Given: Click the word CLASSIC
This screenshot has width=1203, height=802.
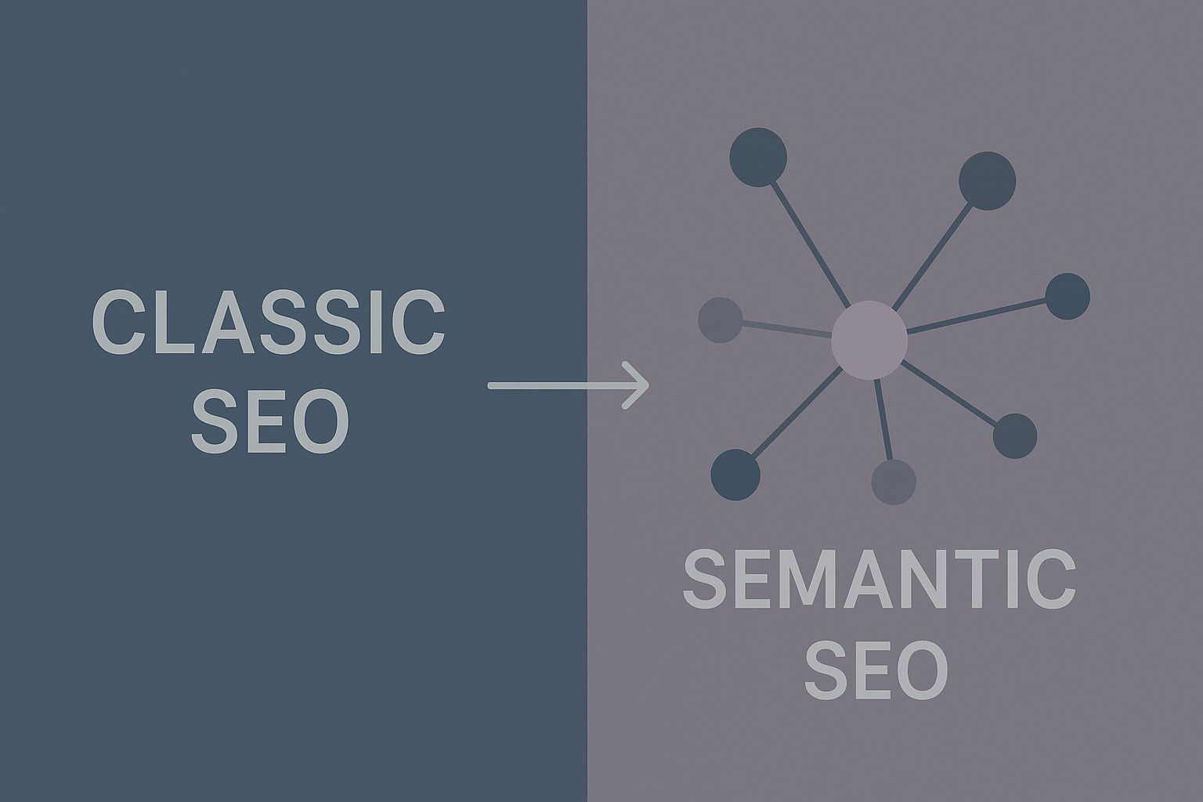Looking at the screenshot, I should (x=269, y=323).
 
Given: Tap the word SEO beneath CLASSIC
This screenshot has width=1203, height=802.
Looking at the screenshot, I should (x=270, y=422).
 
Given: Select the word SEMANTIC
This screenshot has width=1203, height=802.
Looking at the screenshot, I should (x=880, y=580).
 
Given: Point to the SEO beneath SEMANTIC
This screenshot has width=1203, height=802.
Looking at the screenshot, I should (x=876, y=671).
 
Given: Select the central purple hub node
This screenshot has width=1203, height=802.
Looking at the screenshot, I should (x=869, y=340).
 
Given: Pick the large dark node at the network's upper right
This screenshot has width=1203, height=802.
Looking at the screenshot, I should (x=987, y=181).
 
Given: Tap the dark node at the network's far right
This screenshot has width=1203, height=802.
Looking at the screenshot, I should (x=1068, y=296).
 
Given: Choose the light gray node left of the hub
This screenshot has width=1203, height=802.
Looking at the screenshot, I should (x=720, y=320).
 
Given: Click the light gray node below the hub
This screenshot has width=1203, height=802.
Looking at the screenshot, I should (x=894, y=482).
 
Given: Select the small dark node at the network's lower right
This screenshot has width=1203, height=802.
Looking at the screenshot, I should (x=1015, y=436).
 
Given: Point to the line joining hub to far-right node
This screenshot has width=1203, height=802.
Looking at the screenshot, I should (x=979, y=316).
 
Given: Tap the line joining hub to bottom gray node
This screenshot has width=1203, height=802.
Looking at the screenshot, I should (x=883, y=419).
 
